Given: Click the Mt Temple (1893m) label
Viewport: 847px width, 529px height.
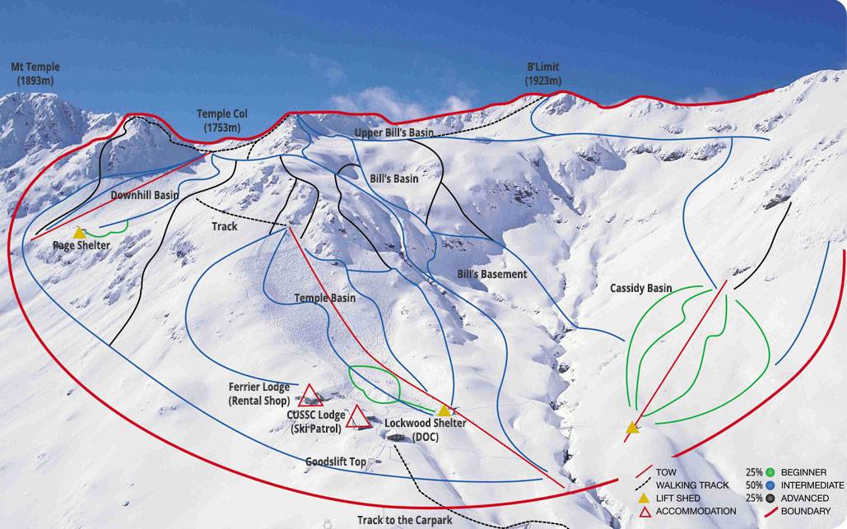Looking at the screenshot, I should (x=35, y=74).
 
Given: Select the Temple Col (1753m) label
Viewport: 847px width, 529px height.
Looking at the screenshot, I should (x=221, y=121).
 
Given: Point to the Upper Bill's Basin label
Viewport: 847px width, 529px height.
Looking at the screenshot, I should (x=393, y=132).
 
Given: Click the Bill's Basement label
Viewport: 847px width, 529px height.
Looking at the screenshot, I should (x=491, y=274).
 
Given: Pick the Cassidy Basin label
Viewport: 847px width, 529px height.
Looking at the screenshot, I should (x=640, y=288).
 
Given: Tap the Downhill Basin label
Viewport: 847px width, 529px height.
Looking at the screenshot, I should (x=145, y=196).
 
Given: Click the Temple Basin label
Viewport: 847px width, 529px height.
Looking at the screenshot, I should (x=325, y=298).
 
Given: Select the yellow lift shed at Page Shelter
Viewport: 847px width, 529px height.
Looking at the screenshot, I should (x=79, y=234).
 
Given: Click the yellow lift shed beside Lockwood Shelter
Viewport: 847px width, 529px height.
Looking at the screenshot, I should (x=444, y=411).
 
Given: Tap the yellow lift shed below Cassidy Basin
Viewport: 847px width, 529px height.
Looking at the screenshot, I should (x=632, y=427).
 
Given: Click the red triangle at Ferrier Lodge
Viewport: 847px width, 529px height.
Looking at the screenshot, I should (x=310, y=395).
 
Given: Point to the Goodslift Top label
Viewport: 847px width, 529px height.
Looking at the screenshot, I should (x=335, y=462).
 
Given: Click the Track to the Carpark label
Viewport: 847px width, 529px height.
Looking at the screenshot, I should (x=404, y=520).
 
